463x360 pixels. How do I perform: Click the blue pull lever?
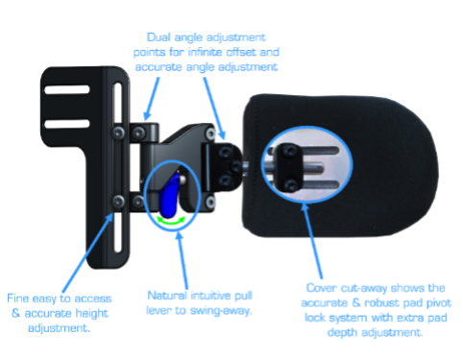tap(170, 196)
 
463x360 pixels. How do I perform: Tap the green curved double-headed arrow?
tap(171, 222)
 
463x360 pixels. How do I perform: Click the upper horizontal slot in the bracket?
tap(67, 89)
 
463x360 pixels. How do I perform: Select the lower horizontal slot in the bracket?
tap(67, 124)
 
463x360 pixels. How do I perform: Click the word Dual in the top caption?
tap(158, 37)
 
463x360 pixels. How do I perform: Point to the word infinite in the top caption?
tap(206, 52)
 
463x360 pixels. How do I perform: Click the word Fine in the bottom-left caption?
tap(18, 299)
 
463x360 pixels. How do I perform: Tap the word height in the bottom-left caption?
tap(92, 314)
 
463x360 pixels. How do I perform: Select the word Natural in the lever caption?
tap(167, 295)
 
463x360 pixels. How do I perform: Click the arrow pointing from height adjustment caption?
tap(88, 252)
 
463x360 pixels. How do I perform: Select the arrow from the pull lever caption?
tap(183, 260)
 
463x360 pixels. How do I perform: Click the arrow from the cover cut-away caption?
tap(312, 240)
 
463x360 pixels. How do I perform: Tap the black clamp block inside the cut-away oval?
tap(290, 168)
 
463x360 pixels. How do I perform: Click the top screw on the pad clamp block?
tap(290, 151)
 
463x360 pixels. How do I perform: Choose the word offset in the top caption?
tap(242, 52)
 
